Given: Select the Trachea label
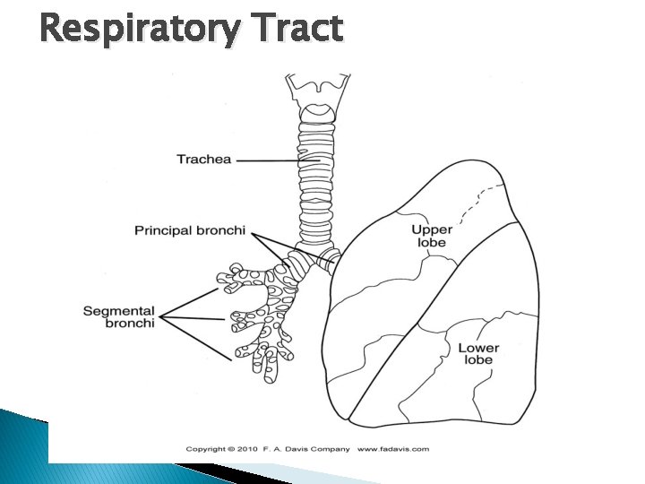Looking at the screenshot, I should point(203,160).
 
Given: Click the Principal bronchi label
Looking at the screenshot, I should point(189,230).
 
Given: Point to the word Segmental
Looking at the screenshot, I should point(118,311).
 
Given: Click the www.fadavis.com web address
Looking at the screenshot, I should point(393,449).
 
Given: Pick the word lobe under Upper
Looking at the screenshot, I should point(432,243).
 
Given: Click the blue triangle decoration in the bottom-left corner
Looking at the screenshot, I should point(22,444).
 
